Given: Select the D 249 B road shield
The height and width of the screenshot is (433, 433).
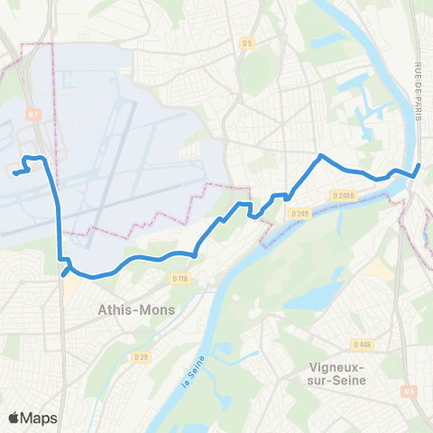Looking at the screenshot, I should pyautogui.click(x=343, y=195).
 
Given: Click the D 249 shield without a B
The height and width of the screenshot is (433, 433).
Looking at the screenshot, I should pyautogui.click(x=300, y=213).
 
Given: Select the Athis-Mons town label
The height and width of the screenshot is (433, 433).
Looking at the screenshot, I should pyautogui.click(x=136, y=309).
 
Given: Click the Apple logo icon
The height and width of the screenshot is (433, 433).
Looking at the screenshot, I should pyautogui.click(x=14, y=418).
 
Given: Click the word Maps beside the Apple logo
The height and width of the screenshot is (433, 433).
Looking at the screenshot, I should pyautogui.click(x=41, y=418).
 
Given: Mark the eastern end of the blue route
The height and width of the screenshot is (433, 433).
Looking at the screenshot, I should pyautogui.click(x=420, y=165).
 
